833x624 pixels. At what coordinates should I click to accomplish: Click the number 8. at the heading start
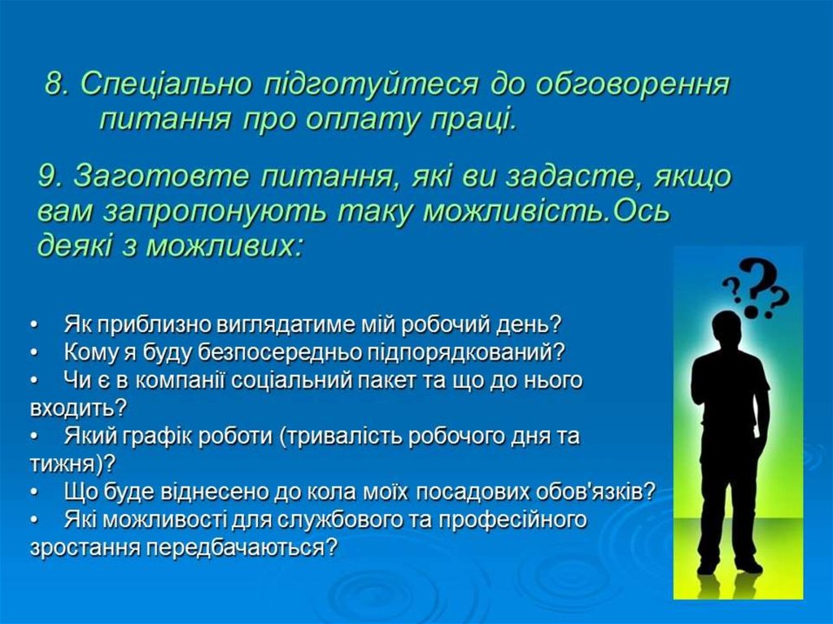pos(59,84)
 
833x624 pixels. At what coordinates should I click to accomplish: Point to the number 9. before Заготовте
pos(51,177)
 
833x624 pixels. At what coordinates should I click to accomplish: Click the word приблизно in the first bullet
pos(155,325)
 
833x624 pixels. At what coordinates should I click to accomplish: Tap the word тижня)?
pos(72,465)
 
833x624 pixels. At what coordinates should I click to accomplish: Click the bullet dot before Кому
pos(34,352)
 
